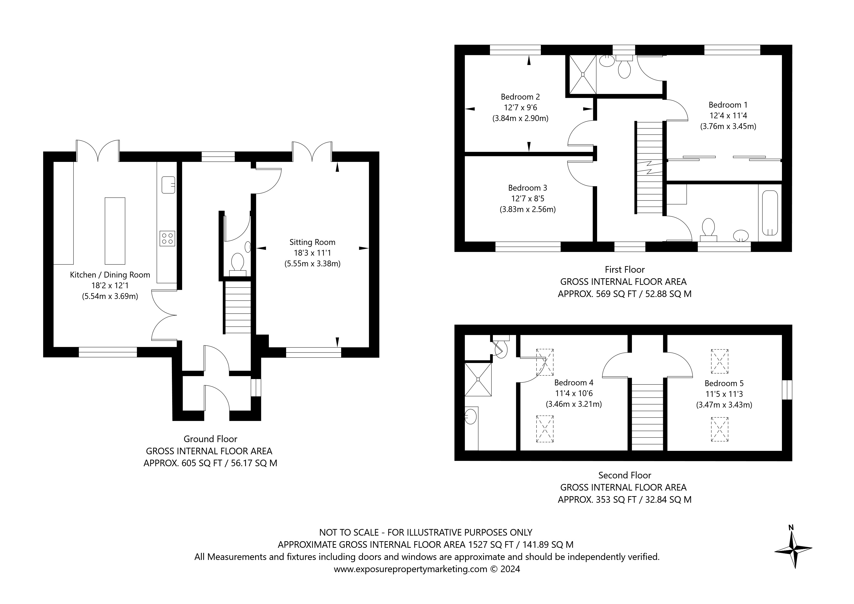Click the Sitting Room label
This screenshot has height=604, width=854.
click(312, 242)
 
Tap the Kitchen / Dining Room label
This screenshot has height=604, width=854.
click(110, 275)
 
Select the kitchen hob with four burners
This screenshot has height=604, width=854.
click(167, 238)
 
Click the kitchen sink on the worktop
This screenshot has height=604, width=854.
click(168, 185)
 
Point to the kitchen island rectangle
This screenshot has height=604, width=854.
click(115, 231)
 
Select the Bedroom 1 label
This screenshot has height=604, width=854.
click(728, 105)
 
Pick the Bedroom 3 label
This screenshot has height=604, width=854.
click(527, 188)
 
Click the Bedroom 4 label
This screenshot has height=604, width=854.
click(573, 382)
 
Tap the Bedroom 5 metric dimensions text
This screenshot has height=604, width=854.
click(724, 405)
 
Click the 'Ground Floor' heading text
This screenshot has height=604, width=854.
click(211, 439)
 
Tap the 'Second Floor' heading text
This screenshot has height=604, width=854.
click(625, 475)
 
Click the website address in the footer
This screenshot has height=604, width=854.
click(410, 569)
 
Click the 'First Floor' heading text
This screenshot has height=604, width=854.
click(625, 269)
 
